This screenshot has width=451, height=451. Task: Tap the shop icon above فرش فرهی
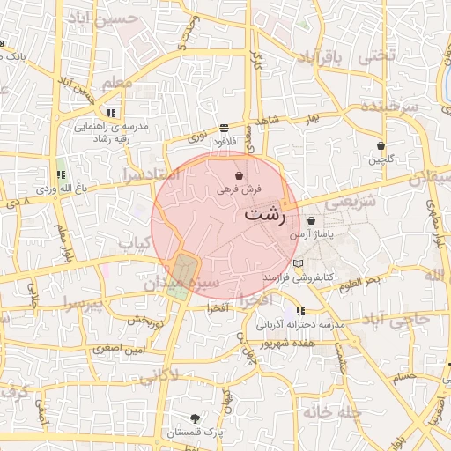point(240,176)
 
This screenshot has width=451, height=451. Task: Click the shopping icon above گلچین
point(381,146)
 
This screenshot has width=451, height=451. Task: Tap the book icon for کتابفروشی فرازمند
point(298,264)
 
